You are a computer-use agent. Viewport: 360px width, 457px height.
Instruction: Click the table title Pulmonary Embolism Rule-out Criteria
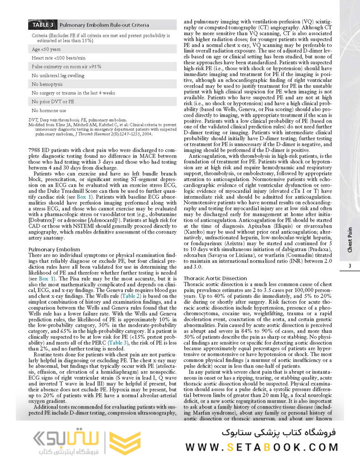tap(104, 25)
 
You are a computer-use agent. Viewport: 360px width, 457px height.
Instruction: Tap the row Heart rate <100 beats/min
tap(58, 58)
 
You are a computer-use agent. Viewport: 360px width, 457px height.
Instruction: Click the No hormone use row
tap(49, 110)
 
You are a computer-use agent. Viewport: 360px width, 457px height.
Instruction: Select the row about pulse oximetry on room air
tap(67, 67)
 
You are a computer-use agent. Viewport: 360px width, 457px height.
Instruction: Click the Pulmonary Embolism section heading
tap(54, 249)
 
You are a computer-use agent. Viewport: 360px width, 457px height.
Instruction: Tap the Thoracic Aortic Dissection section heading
tap(215, 278)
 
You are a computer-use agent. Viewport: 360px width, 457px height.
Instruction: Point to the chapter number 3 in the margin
tap(350, 266)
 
